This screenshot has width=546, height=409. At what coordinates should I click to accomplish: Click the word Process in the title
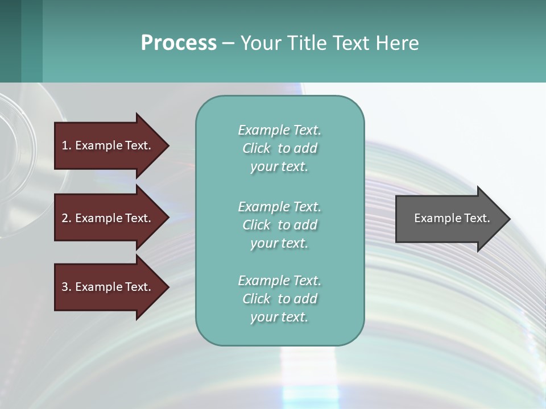179,43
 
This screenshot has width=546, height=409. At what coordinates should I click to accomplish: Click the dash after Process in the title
228,44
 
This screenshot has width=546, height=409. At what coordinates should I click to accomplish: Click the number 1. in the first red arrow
67,145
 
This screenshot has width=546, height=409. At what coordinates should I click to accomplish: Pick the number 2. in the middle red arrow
67,218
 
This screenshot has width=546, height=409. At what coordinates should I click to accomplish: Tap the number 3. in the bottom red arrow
67,287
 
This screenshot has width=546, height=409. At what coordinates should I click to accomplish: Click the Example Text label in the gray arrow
452,218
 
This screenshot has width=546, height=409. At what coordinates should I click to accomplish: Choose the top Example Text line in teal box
279,130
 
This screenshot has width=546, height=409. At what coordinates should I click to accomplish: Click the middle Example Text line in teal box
279,206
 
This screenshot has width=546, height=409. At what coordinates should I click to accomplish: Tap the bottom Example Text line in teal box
279,281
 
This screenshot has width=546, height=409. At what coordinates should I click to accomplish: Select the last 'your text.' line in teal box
279,317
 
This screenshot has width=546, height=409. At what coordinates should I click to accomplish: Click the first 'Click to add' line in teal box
279,148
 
